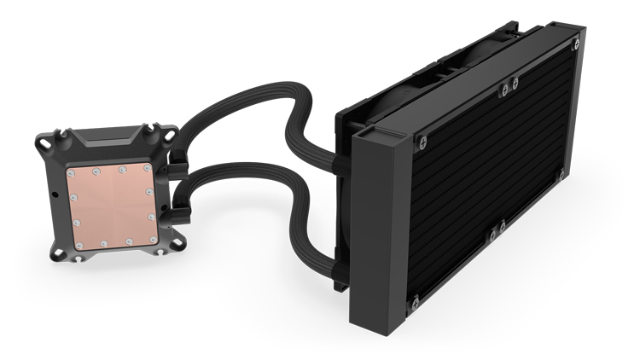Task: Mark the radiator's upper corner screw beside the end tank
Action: tap(422, 137)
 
